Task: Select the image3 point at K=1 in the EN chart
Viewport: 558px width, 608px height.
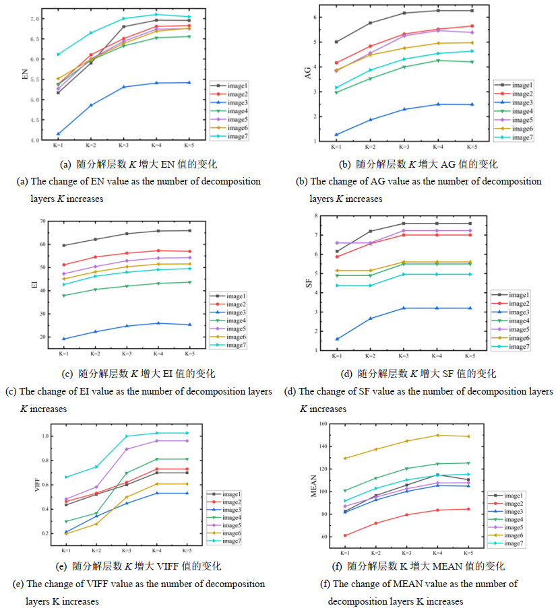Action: [59, 134]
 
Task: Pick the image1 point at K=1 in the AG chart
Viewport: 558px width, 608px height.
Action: [336, 42]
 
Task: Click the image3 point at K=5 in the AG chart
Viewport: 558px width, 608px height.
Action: [472, 104]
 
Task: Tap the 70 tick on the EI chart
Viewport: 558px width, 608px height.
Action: [42, 221]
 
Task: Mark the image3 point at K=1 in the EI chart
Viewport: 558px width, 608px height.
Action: [64, 339]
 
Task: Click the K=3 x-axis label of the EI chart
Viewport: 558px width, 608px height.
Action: [127, 353]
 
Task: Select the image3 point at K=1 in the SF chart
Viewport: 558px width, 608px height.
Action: [338, 339]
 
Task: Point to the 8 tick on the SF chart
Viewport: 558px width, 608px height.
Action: [315, 215]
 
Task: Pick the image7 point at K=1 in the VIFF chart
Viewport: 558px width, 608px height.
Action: [65, 477]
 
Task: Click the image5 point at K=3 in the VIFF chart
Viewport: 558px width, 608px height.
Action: [126, 449]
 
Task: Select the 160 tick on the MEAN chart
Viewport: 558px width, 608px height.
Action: [322, 424]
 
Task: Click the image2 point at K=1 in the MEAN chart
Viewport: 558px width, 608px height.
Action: [345, 536]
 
